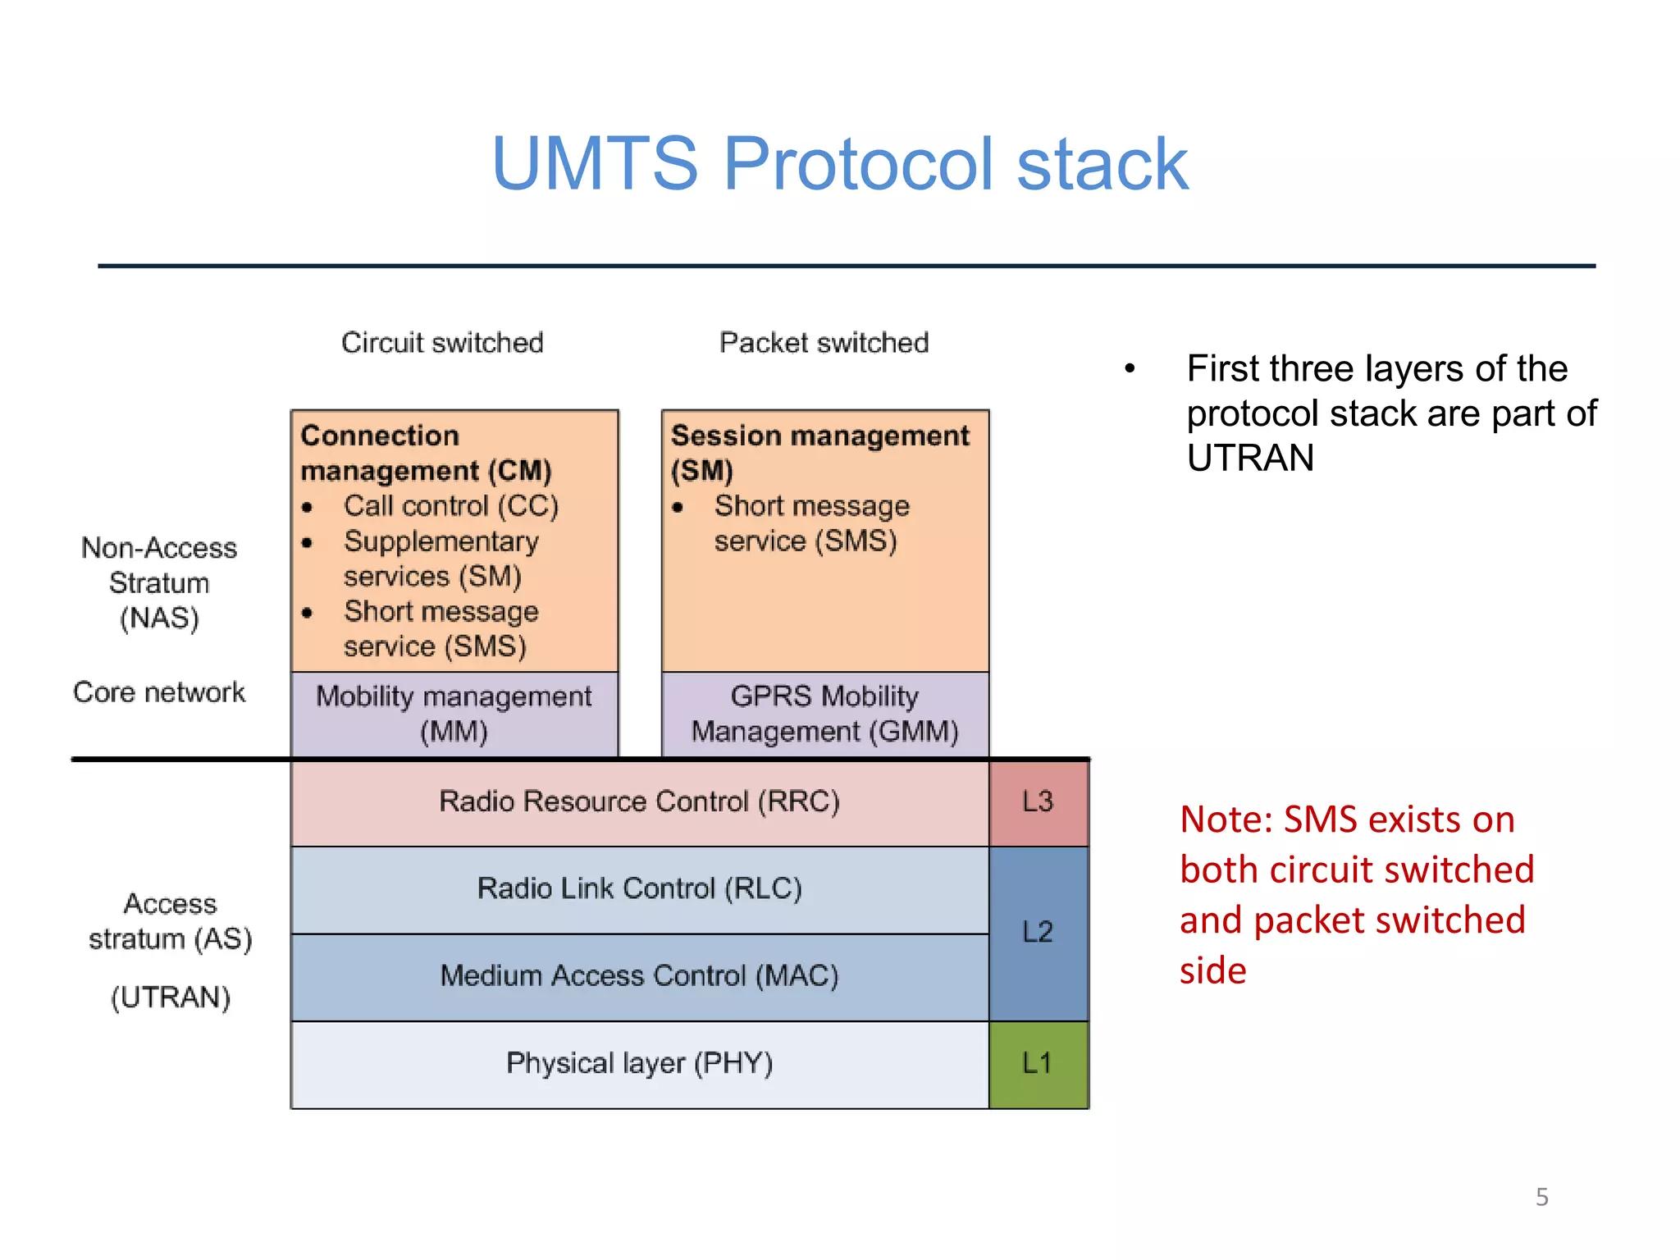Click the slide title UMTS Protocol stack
(838, 164)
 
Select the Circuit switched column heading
(442, 342)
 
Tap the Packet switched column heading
(824, 342)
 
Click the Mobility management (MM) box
(454, 714)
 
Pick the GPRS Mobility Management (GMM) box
(824, 714)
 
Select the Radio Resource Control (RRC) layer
(639, 801)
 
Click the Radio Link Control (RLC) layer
(639, 888)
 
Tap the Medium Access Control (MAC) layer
(639, 976)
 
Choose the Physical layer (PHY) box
(639, 1064)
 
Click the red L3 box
(1038, 801)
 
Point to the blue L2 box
(1038, 933)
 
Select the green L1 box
(1038, 1064)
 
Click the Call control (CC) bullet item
(450, 506)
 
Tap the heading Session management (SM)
(819, 452)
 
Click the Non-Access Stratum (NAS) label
(159, 582)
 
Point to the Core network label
(159, 692)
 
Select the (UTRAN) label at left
(171, 997)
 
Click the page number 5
(1541, 1197)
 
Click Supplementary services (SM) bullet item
(441, 559)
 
